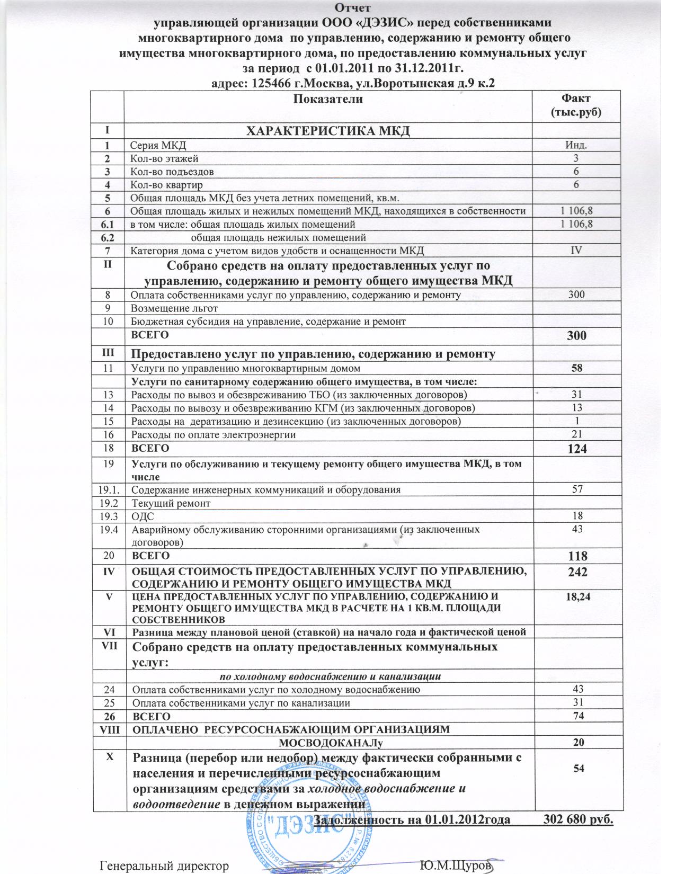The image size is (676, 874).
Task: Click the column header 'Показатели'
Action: click(328, 99)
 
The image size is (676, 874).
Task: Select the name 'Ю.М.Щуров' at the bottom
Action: click(456, 866)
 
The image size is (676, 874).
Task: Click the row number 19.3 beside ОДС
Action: click(108, 515)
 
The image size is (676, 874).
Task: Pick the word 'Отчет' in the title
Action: click(353, 7)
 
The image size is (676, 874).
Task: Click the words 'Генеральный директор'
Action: click(164, 866)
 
